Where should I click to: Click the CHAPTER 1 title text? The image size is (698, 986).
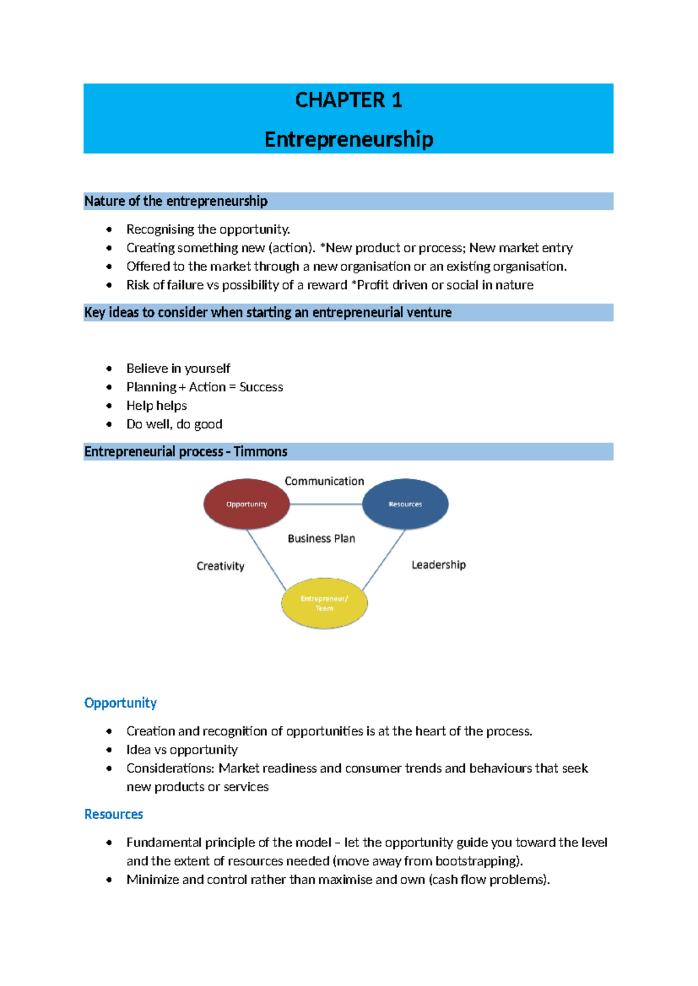coord(348,100)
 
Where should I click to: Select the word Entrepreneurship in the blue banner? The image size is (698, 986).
coord(348,140)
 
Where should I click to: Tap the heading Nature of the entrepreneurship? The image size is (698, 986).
coord(176,201)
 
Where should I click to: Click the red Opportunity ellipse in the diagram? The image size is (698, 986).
coord(246,504)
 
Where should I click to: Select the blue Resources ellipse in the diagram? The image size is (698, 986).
coord(405,504)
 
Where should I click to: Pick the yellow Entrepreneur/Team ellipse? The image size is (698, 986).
coord(324,603)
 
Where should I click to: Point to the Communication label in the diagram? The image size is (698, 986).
coord(324,481)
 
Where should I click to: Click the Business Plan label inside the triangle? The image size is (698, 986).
coord(321,538)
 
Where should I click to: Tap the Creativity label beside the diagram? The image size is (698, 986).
coord(220,566)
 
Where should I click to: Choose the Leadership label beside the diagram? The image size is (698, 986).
coord(439,565)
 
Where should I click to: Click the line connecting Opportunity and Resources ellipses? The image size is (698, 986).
coord(326,504)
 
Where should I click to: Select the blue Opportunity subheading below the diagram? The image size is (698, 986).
coord(120,703)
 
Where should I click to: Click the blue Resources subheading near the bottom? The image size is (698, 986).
coord(113,814)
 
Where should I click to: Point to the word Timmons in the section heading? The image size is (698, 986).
coord(261,452)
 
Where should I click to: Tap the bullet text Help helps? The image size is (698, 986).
coord(156,406)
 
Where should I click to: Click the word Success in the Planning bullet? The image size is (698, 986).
coord(261,387)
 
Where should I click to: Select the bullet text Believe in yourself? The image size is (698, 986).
coord(178,369)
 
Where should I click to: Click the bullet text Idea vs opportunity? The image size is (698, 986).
coord(182,750)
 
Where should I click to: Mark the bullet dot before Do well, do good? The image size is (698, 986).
coord(109,424)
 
